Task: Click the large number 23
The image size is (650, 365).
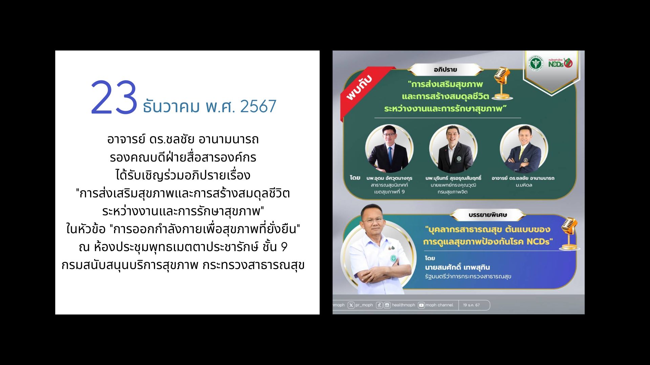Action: (114, 98)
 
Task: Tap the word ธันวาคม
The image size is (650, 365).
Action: (171, 106)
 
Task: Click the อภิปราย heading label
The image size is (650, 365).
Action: (445, 70)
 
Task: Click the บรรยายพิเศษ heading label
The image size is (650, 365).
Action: (487, 215)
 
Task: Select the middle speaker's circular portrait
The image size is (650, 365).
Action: (453, 149)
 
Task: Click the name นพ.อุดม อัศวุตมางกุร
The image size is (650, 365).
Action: (389, 178)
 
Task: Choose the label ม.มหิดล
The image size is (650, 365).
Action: (524, 185)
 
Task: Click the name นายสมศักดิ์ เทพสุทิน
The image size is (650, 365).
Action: (457, 267)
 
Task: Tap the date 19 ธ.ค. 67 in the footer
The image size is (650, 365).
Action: (471, 305)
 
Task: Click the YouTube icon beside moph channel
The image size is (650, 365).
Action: (421, 305)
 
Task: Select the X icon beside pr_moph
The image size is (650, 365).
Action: (351, 305)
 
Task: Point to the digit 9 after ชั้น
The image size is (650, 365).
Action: (284, 247)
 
